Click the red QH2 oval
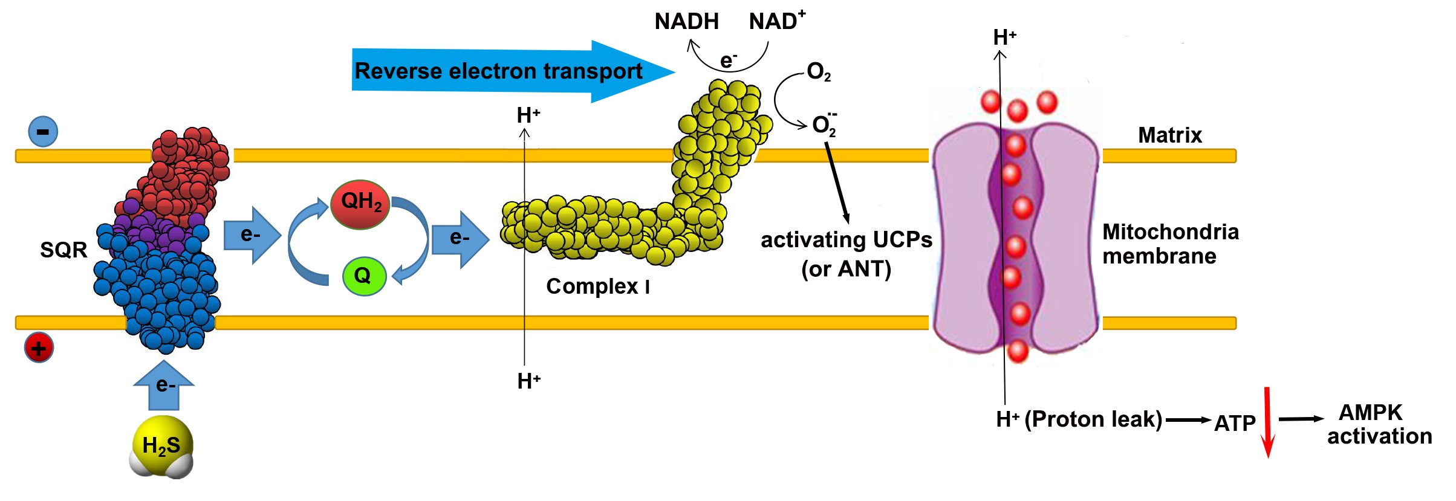[x=361, y=204]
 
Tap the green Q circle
[x=364, y=276]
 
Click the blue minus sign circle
[x=43, y=132]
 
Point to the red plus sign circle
[x=39, y=348]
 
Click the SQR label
[x=63, y=250]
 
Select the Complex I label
[x=597, y=286]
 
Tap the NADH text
[x=686, y=22]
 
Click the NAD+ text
[x=776, y=21]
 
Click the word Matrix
[x=1169, y=135]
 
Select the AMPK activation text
[x=1379, y=424]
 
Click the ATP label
[x=1235, y=423]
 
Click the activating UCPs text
[x=846, y=240]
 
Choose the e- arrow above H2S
[x=164, y=385]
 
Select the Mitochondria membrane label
[x=1170, y=244]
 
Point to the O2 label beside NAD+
[x=819, y=72]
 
